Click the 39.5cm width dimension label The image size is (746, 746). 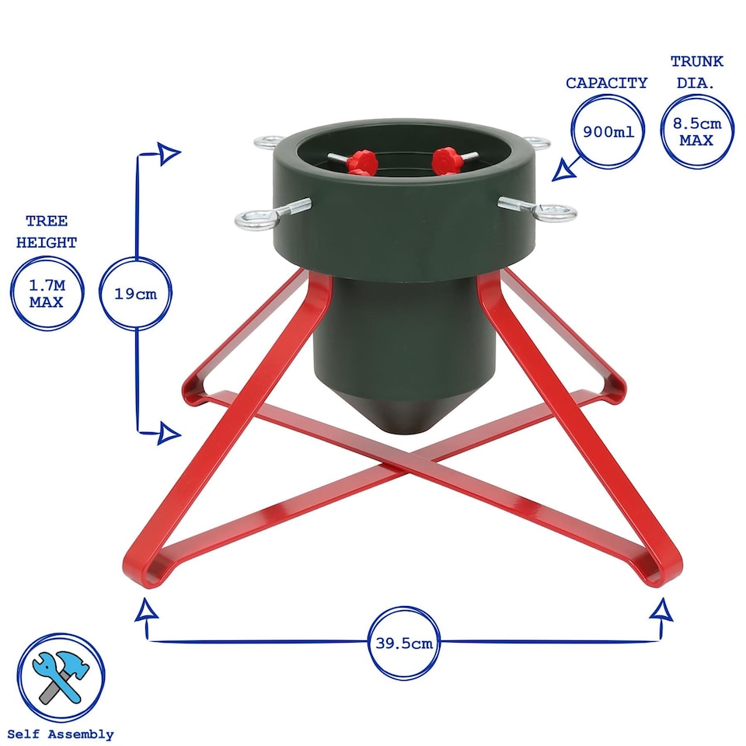coord(403,643)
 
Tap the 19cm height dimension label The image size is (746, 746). coord(137,294)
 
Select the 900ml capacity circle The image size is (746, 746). coord(608,131)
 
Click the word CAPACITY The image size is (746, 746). coord(606,83)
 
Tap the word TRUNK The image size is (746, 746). coord(696,61)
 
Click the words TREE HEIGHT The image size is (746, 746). coord(47,232)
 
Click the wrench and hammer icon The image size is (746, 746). coord(61,676)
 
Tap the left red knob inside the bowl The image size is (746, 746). coord(361,163)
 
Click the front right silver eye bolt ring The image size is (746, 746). coord(557,211)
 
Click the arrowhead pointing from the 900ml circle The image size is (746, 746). coord(562,171)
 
